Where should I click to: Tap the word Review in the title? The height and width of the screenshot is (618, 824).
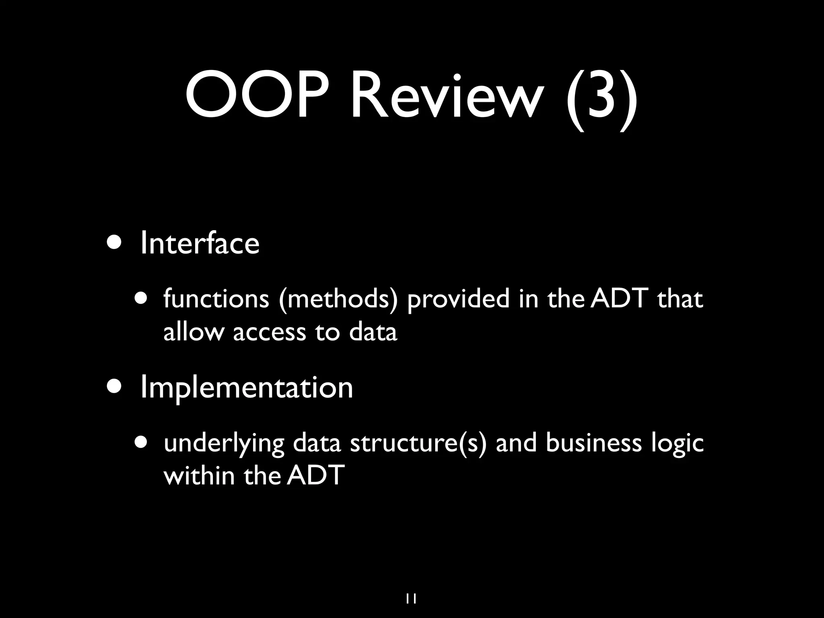pos(444,97)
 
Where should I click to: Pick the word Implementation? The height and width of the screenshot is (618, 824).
pos(247,387)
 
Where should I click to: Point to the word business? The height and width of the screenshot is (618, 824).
pos(594,443)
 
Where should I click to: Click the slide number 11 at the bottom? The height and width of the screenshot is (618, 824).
pos(411,588)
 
